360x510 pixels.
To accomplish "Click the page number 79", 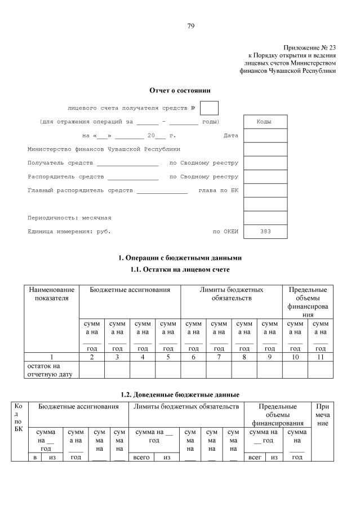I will (x=191, y=26).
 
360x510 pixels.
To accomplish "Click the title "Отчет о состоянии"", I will (x=180, y=90).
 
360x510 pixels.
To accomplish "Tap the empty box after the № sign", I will (x=209, y=108).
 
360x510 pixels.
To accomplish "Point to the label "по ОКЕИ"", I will (x=225, y=232).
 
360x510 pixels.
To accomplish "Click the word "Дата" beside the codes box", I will (x=231, y=136).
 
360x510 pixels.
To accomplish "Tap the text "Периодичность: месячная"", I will (x=69, y=218).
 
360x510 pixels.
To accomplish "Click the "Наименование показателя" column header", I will (x=51, y=294).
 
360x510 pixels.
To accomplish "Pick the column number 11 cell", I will (x=321, y=357).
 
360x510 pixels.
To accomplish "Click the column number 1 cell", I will (x=51, y=357).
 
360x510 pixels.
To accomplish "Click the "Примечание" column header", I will (x=323, y=414).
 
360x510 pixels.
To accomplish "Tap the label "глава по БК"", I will (x=219, y=190).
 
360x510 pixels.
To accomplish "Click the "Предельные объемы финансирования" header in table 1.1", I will (x=308, y=301).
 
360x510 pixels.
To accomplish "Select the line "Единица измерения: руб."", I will (x=69, y=232).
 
